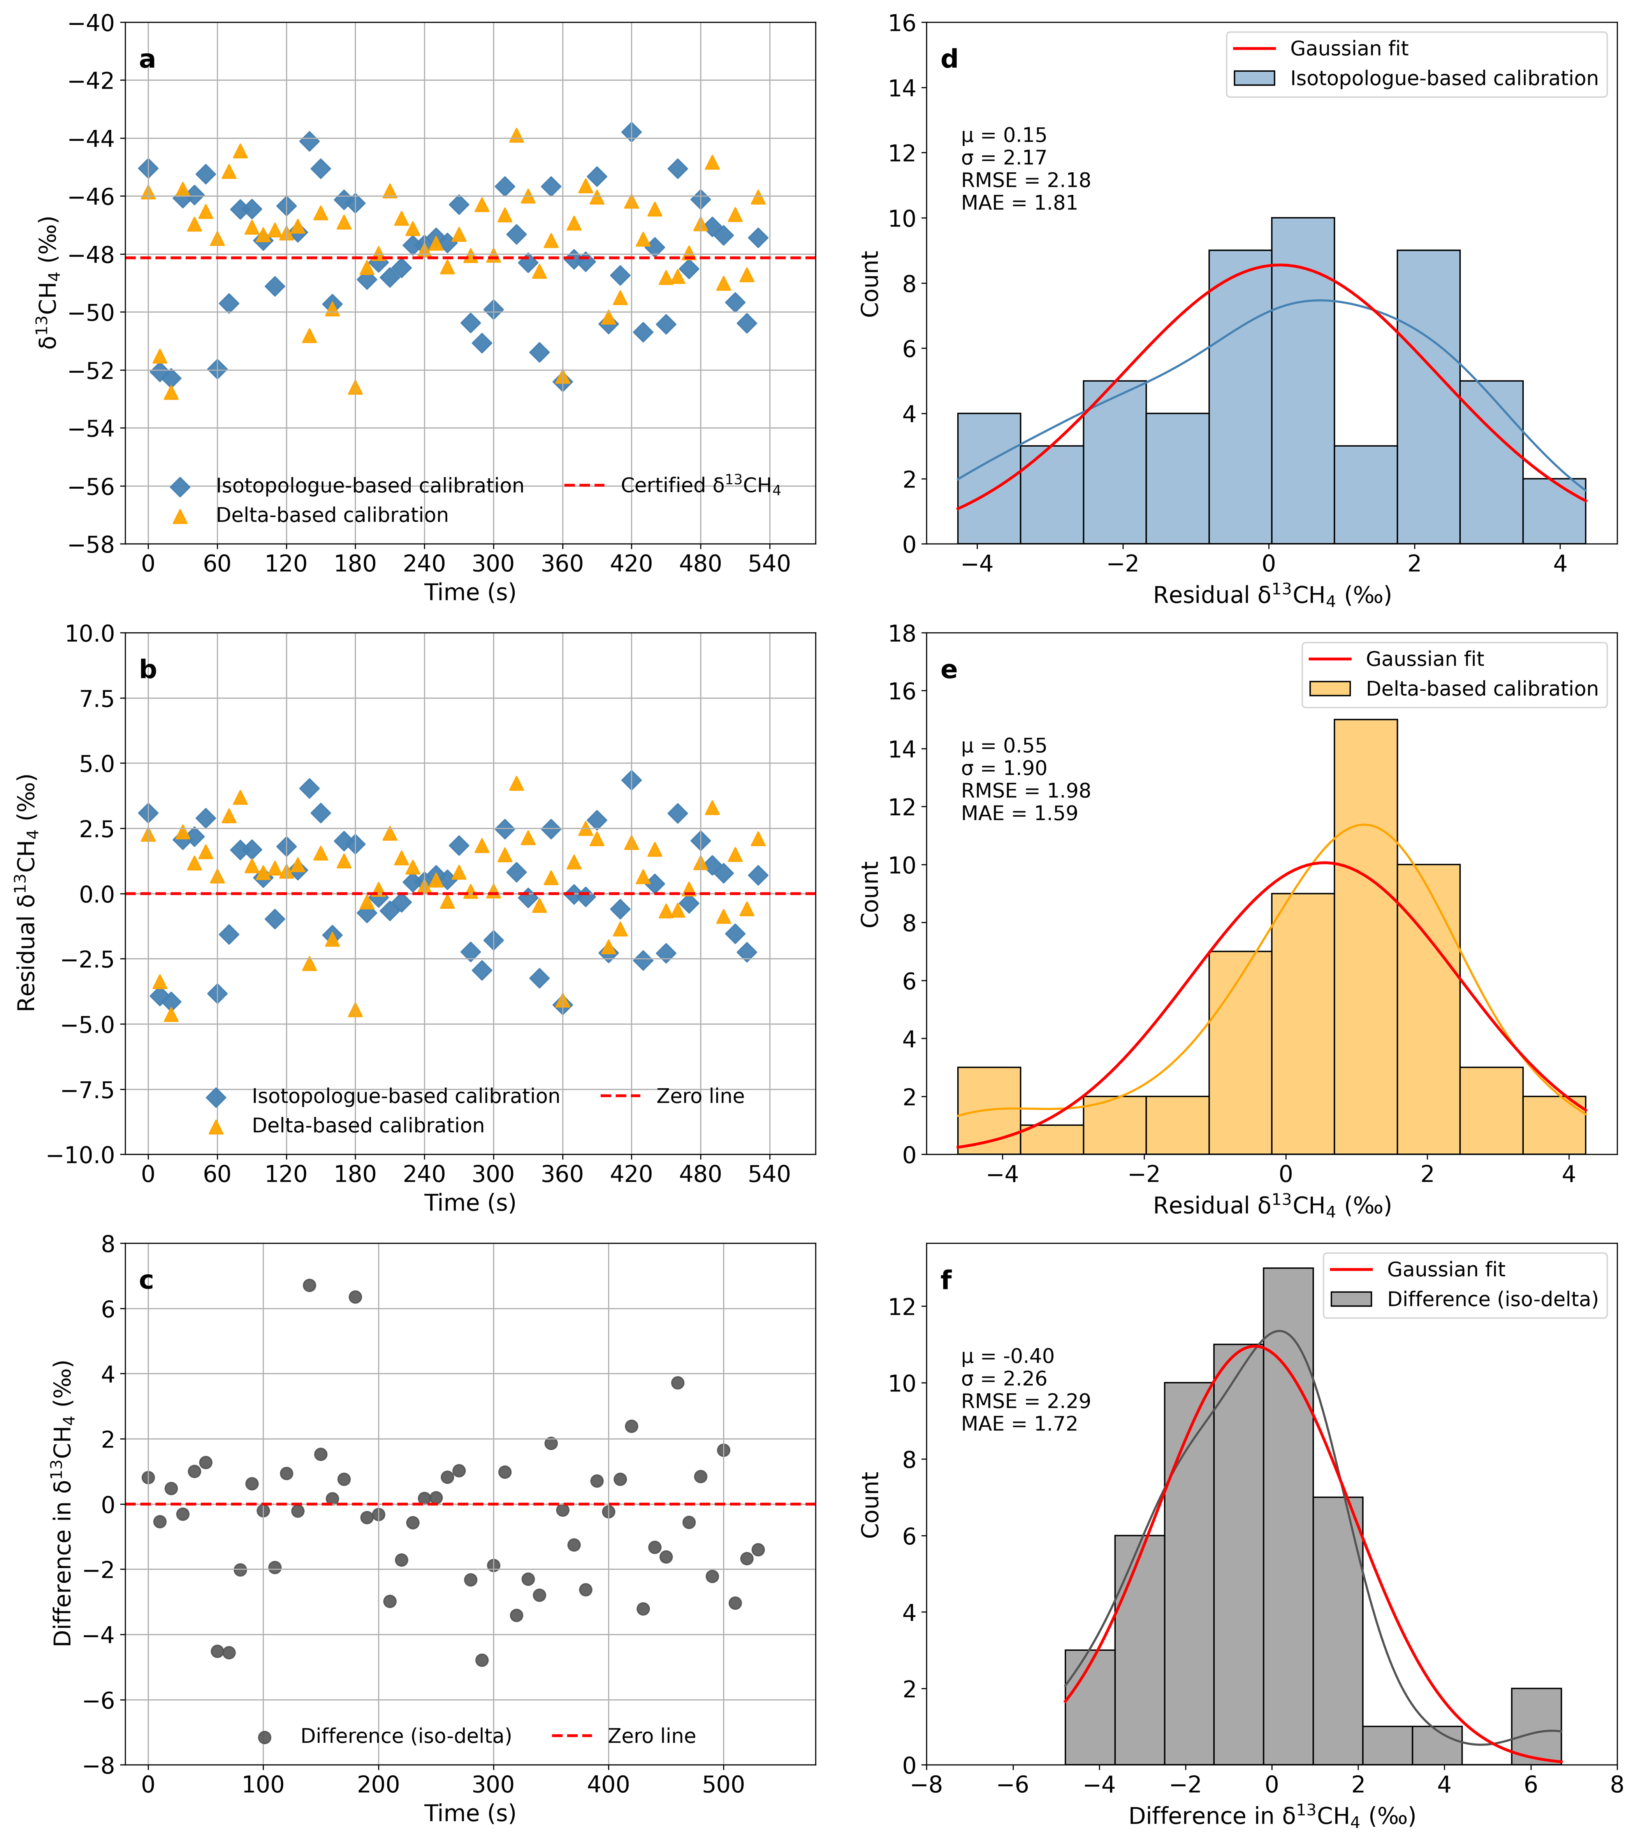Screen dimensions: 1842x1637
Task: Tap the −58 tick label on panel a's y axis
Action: (x=93, y=544)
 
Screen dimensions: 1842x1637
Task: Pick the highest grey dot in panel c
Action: (x=309, y=1285)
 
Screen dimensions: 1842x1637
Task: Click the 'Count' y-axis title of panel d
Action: (x=870, y=284)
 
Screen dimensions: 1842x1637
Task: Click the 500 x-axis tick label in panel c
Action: (x=723, y=1784)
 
